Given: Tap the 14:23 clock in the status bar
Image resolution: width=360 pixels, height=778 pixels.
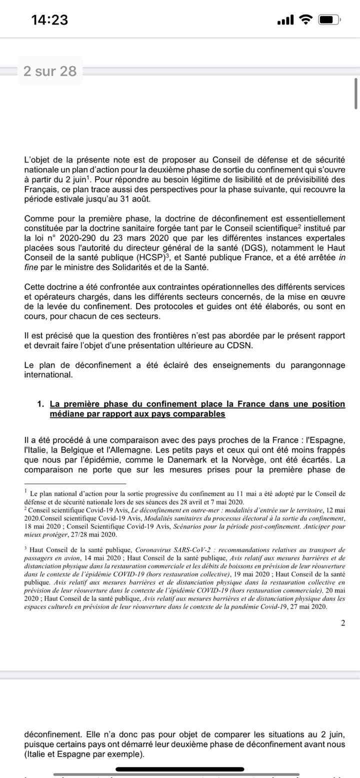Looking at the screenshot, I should point(49,20).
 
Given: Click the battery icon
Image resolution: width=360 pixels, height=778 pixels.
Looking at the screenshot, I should point(328,20).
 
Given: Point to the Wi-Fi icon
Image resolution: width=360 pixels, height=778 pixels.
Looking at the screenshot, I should point(305,20).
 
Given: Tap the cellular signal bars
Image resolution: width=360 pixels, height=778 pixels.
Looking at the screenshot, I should point(285,20).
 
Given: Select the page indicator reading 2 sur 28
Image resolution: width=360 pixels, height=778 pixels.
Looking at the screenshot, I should point(50,71).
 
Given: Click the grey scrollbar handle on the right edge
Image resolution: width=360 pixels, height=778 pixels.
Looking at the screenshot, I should point(356,93).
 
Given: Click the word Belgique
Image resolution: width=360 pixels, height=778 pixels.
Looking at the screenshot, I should point(79,449).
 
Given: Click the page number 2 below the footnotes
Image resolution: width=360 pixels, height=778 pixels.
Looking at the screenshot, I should point(342,623).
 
